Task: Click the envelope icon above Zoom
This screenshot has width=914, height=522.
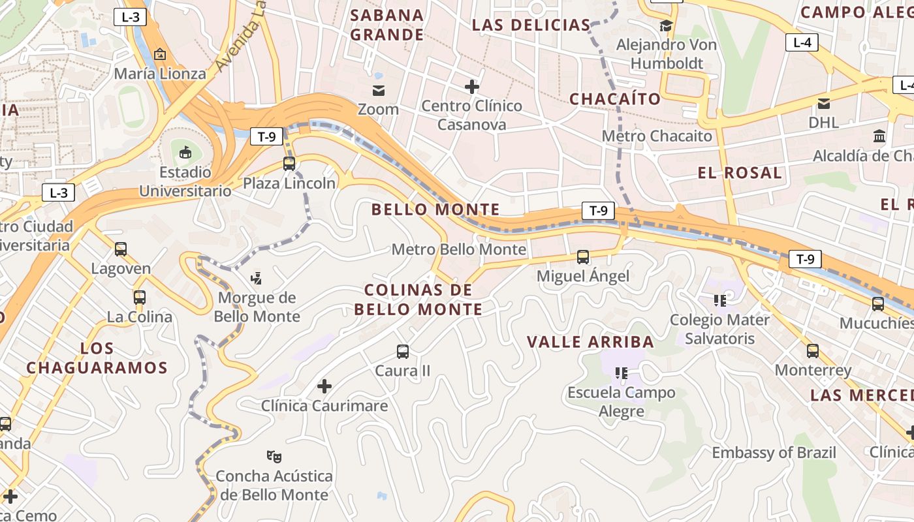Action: point(379,90)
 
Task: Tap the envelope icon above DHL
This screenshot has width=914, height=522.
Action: point(824,103)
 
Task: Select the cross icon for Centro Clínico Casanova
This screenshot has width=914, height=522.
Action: point(471,86)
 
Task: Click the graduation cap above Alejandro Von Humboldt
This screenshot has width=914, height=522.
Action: point(666,26)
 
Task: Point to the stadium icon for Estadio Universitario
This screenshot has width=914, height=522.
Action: point(185,153)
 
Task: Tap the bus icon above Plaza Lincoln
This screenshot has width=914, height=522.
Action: point(289,164)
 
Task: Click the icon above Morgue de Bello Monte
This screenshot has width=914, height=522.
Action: point(257,279)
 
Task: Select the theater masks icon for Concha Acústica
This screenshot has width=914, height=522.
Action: point(274,456)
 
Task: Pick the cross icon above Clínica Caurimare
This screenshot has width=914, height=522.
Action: point(324,386)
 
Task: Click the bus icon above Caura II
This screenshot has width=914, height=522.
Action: point(403,352)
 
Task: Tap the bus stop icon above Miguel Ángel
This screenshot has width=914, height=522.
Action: point(583,257)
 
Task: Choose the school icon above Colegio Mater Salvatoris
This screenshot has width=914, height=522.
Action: point(720,300)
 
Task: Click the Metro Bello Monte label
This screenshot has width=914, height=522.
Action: point(458,249)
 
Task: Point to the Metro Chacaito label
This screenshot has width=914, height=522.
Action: point(657,136)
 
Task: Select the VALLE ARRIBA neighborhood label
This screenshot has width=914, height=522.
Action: point(590,342)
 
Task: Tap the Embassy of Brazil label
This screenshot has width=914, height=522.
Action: point(774,453)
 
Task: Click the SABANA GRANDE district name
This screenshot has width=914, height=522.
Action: point(387,25)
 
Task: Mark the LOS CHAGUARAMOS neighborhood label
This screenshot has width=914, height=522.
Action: point(97,358)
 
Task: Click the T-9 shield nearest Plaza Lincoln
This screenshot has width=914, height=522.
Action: point(266,136)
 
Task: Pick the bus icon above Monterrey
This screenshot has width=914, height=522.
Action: point(813,351)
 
